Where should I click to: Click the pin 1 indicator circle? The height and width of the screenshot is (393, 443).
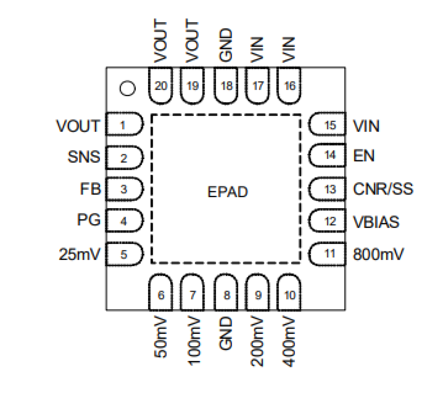click(127, 88)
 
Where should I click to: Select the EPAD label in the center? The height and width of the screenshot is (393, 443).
click(227, 192)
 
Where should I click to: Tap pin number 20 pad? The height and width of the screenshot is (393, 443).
click(161, 86)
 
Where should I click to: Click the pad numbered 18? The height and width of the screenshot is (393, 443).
click(226, 86)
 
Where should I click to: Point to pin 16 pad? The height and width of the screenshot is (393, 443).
click(290, 86)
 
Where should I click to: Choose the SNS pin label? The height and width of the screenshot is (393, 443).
click(84, 157)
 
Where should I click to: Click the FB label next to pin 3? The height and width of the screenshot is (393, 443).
click(90, 189)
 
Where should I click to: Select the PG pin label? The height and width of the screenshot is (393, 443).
click(89, 220)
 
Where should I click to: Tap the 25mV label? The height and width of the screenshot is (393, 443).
click(79, 254)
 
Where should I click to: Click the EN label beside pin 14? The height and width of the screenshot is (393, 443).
click(364, 155)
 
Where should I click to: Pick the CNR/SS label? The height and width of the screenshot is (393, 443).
click(383, 189)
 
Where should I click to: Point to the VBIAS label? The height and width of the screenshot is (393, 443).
click(376, 222)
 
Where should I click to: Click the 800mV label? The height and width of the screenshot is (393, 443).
click(378, 254)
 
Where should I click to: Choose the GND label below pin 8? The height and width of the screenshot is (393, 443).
click(226, 333)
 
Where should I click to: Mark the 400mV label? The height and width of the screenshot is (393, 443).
click(289, 341)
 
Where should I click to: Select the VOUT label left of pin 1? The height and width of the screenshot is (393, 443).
click(78, 126)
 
